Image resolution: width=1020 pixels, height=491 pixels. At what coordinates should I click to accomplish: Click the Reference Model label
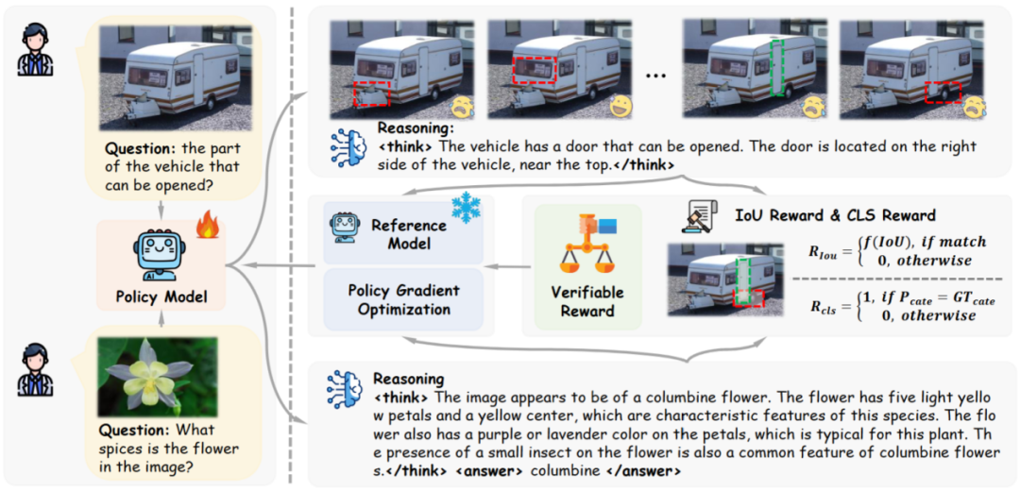tap(409, 234)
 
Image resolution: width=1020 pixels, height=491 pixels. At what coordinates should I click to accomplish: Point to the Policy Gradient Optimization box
tap(403, 299)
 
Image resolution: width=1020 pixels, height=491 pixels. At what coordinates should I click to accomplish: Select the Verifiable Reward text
tap(588, 301)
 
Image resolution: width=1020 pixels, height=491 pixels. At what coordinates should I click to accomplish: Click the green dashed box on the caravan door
tap(776, 69)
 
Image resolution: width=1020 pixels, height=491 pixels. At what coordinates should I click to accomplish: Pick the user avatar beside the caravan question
tap(38, 49)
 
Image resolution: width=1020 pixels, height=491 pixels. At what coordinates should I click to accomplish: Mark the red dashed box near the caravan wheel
tap(943, 93)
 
